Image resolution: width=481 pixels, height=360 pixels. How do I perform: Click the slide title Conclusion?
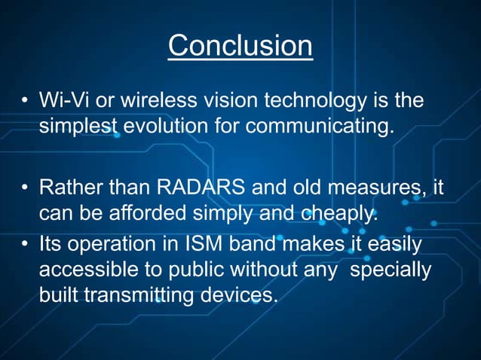[x=240, y=46]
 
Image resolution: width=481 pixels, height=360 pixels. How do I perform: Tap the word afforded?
[x=130, y=213]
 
